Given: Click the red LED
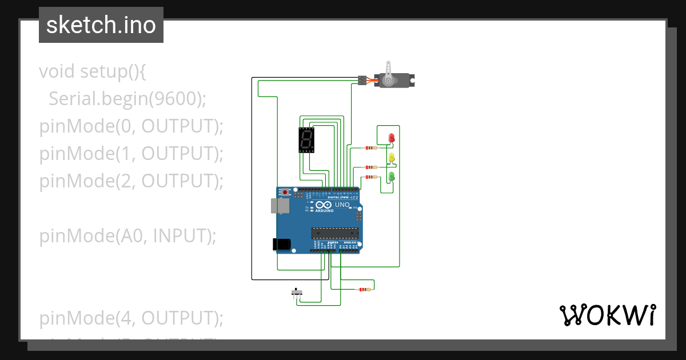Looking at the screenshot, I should (x=392, y=138).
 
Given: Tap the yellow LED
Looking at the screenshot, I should (x=392, y=158).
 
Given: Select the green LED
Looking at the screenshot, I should (x=392, y=177).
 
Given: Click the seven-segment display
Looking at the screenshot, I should (x=307, y=141).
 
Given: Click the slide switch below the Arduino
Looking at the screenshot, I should (x=296, y=293).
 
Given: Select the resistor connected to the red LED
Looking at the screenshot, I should (x=371, y=148).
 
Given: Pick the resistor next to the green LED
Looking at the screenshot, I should (x=371, y=177).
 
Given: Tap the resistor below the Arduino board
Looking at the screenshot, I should (x=364, y=290).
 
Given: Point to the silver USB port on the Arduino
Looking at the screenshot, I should (x=277, y=206).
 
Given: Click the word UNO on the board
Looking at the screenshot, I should (x=342, y=205).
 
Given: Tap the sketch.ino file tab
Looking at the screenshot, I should (x=101, y=25).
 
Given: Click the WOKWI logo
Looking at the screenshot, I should (x=607, y=315).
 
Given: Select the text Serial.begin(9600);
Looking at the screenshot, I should (x=127, y=99).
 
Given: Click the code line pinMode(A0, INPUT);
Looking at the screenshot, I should (x=128, y=235).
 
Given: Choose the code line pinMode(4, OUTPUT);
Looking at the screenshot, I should (x=131, y=318).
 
